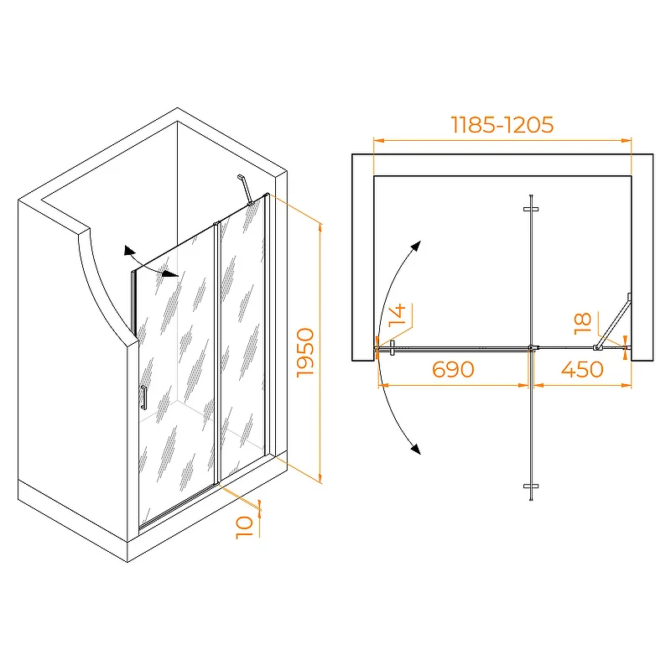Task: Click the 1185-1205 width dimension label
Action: pos(502,124)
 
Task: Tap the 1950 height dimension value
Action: pos(305,352)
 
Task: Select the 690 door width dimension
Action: pos(453,369)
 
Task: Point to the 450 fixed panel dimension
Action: pos(582,369)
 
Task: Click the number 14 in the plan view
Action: pos(397,315)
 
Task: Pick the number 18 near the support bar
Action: pos(582,324)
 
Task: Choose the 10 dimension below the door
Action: pos(244,528)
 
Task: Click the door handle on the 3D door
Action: pos(143,398)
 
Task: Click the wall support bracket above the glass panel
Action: pos(245,190)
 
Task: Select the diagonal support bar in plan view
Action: pos(613,322)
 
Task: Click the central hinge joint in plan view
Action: pos(531,348)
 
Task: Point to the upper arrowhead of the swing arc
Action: pos(416,247)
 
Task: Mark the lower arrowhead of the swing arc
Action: pos(415,448)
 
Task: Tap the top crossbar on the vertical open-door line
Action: pos(531,209)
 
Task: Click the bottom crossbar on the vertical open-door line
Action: pos(531,486)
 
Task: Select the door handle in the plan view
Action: pos(392,348)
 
